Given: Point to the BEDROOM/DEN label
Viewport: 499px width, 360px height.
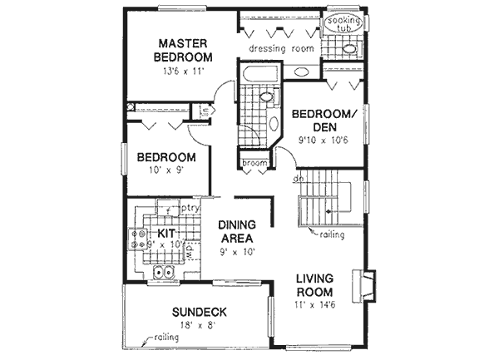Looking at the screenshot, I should tap(324, 119).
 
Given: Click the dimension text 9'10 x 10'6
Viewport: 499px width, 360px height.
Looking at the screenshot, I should tap(323, 141).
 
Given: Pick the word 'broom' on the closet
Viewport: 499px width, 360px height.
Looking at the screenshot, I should tap(254, 163).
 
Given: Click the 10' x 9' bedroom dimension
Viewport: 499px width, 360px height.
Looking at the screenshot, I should tap(166, 172).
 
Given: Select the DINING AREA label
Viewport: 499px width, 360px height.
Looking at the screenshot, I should tap(236, 232).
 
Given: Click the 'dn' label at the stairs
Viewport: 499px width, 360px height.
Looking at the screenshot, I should tap(296, 178).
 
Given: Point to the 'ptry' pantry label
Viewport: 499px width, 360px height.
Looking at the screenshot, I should tap(189, 209).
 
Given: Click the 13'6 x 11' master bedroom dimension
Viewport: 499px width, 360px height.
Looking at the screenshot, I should tap(183, 72).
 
